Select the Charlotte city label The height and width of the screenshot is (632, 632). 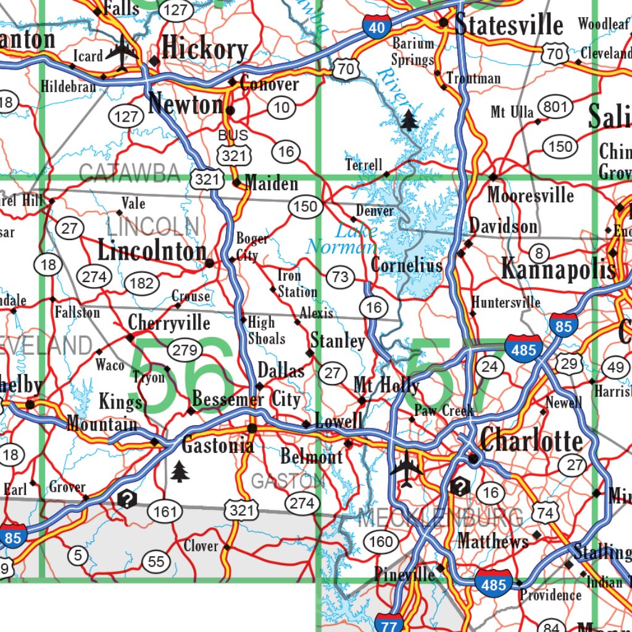coord(531,441)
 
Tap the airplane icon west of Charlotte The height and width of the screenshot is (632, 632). coord(407,467)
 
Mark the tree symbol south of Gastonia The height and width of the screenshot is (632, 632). coord(179,471)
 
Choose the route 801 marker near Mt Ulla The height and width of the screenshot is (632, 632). coord(555,108)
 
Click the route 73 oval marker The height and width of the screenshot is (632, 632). coord(340,276)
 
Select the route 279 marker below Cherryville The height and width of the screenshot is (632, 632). coord(185,351)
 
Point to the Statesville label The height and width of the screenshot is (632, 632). coord(509,25)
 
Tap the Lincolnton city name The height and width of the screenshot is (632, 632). coord(152,251)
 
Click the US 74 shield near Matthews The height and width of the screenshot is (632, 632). coord(545,512)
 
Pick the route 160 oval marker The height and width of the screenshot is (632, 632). coord(381,542)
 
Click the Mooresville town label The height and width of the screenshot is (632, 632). coord(530,196)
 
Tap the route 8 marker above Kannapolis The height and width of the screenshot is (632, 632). coord(539,252)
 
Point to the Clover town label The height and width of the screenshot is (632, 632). coord(201,546)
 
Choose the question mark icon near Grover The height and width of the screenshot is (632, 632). coord(127,499)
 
